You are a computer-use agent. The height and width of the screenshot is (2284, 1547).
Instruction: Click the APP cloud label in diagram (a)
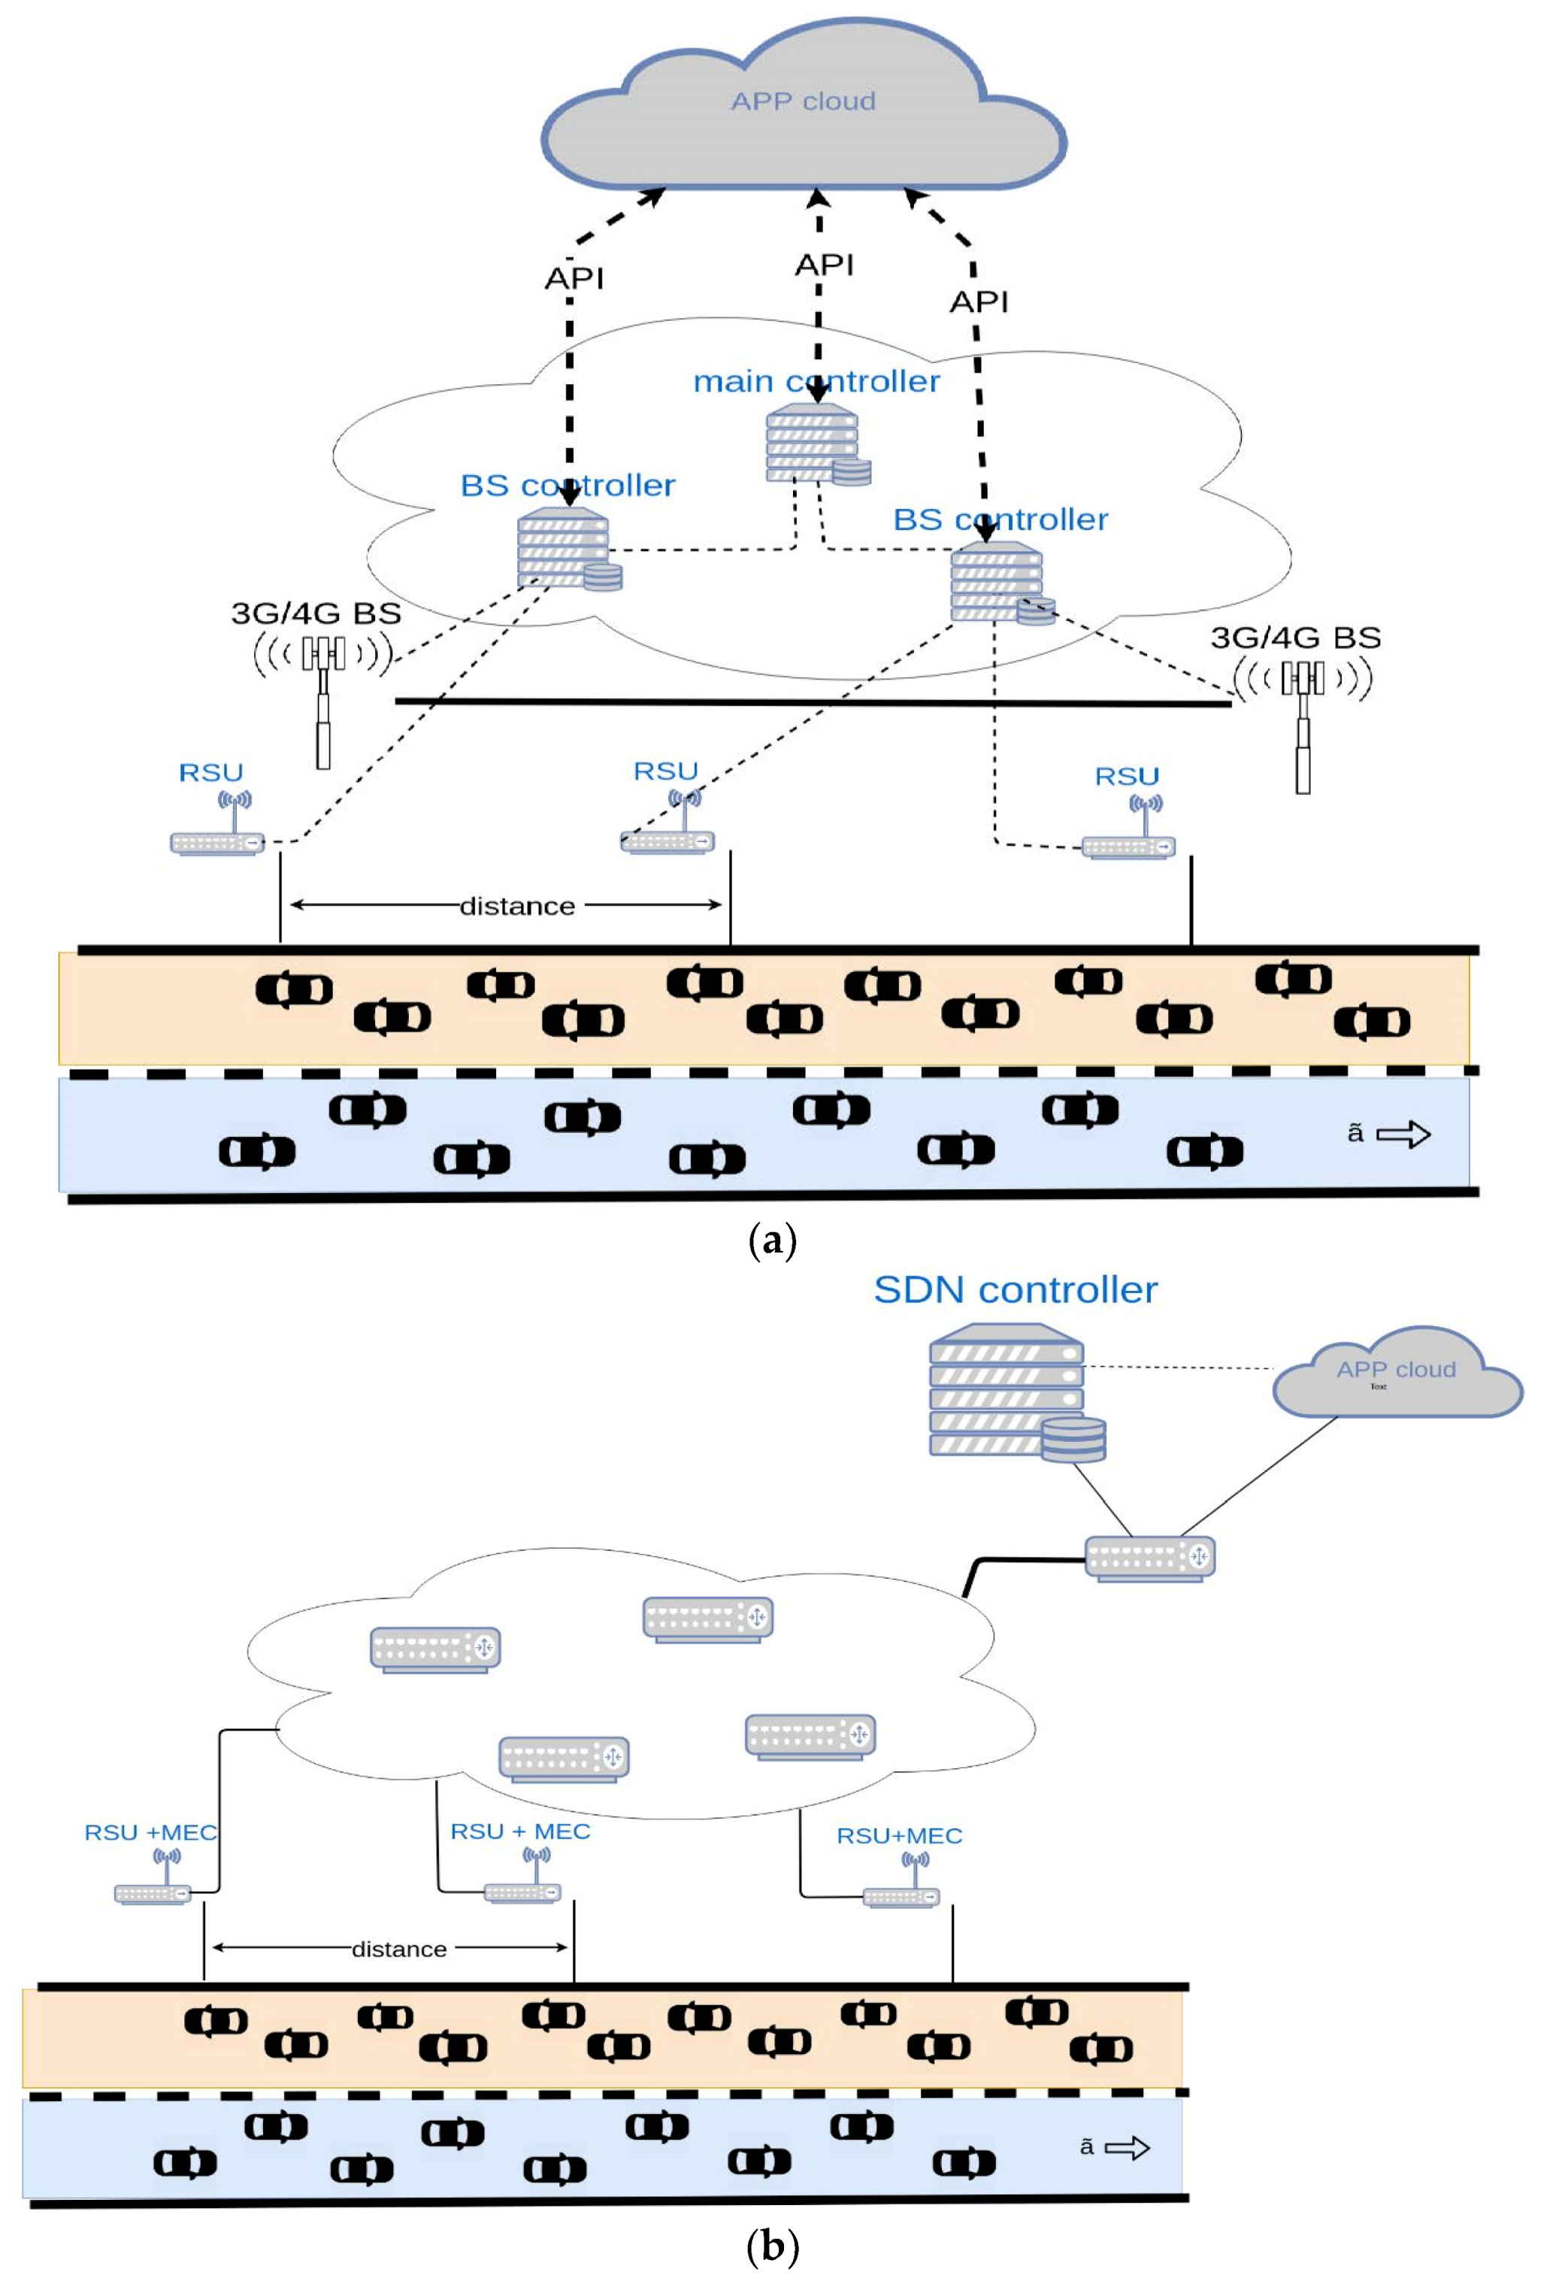[802, 101]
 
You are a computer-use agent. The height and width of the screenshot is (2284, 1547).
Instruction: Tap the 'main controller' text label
[816, 381]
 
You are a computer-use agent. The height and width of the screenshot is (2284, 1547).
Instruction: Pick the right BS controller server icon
[998, 586]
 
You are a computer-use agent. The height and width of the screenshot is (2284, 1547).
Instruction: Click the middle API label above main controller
[824, 265]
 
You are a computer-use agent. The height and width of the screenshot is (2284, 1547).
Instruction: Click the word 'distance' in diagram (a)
[517, 906]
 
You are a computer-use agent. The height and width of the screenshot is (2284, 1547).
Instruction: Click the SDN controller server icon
[1013, 1392]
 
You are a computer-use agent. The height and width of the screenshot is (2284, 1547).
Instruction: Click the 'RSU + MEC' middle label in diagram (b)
[520, 1831]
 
